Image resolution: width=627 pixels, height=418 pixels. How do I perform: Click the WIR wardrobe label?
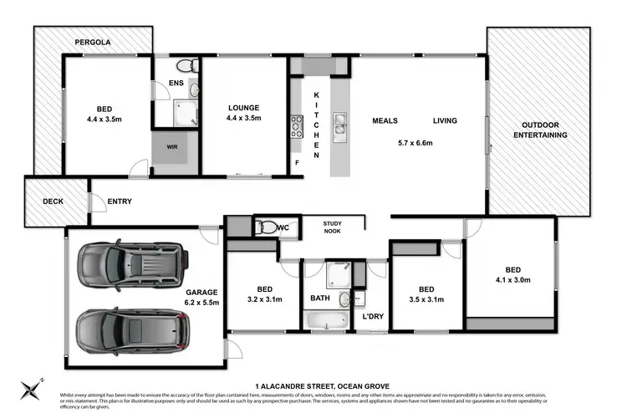tap(172, 147)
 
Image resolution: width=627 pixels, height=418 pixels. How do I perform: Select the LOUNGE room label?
tap(245, 108)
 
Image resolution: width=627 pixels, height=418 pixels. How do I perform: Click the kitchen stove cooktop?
tap(296, 126)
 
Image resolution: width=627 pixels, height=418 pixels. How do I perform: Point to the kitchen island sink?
tap(340, 125)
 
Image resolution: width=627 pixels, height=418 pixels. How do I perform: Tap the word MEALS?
tap(385, 121)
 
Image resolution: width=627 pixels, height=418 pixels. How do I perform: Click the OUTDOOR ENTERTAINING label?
tap(539, 130)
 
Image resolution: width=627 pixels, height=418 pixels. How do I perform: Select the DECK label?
tap(42, 201)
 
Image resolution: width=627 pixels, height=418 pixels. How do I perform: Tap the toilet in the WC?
tap(266, 226)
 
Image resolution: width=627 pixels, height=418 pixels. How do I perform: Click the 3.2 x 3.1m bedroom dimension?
tap(262, 298)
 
